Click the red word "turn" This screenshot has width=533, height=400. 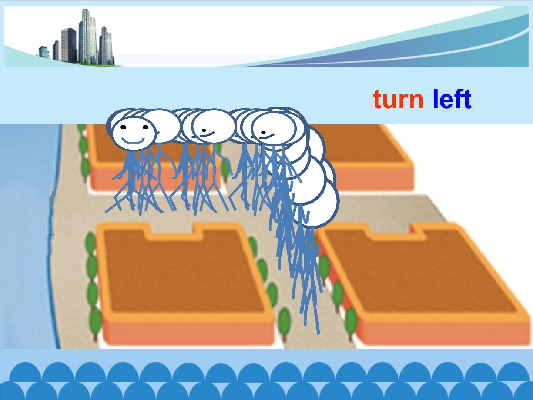398,100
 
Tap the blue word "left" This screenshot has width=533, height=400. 452,99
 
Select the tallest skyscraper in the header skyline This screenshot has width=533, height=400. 88,36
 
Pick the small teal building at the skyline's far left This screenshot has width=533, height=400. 44,52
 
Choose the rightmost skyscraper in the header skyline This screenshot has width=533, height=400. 106,46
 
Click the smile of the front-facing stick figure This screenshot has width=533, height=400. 133,141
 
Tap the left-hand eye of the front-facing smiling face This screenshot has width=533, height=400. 123,127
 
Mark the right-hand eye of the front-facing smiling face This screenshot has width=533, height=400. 145,127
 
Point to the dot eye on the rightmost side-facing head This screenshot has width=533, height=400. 264,132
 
